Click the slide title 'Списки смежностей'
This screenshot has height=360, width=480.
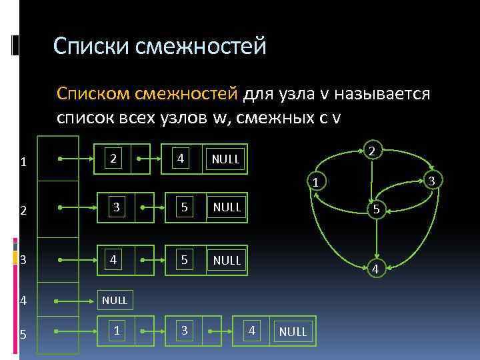(x=160, y=46)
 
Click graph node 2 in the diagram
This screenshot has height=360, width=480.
(x=373, y=150)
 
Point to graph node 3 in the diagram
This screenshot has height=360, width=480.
(x=431, y=181)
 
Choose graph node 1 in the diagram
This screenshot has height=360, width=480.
(x=317, y=182)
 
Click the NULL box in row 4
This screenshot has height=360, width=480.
(x=115, y=301)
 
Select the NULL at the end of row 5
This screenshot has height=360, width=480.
(x=293, y=331)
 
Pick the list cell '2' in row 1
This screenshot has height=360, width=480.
(x=115, y=159)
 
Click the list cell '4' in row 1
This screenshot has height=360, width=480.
(x=180, y=159)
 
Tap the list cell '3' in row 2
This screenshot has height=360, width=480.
(x=116, y=207)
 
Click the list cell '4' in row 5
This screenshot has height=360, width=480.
(x=251, y=330)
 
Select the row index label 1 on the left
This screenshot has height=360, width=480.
(x=23, y=162)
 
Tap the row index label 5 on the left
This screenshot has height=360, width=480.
(x=23, y=335)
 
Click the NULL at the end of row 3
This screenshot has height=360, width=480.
(x=227, y=260)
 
